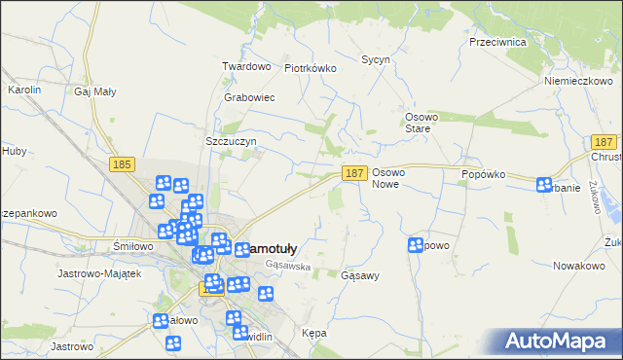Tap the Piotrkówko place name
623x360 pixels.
pos(310,68)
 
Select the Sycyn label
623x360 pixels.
pos(376,59)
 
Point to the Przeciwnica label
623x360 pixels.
pos(497,43)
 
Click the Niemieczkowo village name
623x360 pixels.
pos(577,81)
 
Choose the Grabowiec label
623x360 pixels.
pos(249,98)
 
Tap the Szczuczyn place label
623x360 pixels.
pos(231,141)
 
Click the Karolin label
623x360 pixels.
pos(24,90)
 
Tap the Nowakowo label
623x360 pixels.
pos(579,266)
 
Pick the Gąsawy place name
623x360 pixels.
pos(360,275)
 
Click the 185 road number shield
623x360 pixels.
pos(122,165)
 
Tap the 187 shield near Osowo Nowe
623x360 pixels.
pos(354,173)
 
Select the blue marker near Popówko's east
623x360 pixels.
pos(543,184)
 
